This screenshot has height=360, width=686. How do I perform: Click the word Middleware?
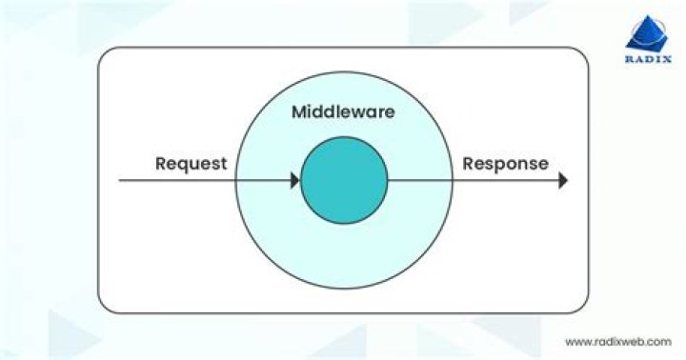[x=343, y=112]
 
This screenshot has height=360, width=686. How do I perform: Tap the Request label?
[x=192, y=164]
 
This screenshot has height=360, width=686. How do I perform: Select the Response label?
[x=506, y=164]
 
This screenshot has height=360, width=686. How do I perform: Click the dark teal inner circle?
[x=344, y=180]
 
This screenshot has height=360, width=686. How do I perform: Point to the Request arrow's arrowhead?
[x=294, y=180]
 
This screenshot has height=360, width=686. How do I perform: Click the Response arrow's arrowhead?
[x=563, y=180]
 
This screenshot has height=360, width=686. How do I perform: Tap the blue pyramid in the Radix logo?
[x=647, y=33]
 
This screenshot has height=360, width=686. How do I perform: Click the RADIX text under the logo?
[x=649, y=59]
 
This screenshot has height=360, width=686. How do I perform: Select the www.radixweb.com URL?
[x=618, y=342]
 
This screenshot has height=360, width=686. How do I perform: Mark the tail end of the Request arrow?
[x=119, y=180]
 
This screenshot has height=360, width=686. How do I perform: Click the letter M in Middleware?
[x=299, y=112]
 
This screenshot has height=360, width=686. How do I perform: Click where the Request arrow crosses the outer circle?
[x=236, y=180]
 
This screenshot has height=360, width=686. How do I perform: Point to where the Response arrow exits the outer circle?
[x=453, y=180]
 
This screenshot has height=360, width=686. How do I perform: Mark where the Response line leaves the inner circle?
[x=388, y=180]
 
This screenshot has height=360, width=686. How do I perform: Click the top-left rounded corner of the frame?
[x=103, y=52]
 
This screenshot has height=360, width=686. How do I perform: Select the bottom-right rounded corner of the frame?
[x=583, y=308]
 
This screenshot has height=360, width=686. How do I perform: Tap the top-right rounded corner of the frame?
[x=583, y=52]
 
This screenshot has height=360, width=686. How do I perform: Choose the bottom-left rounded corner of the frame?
[x=103, y=308]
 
